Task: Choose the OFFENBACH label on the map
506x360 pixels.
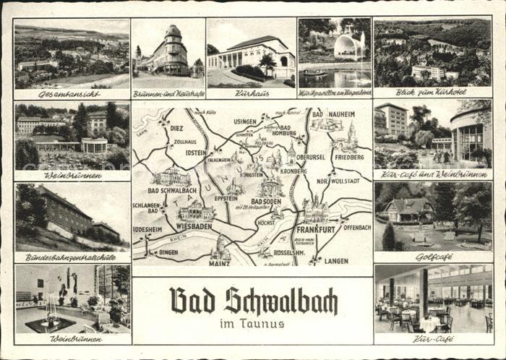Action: (356, 227)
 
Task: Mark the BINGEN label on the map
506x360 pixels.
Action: (168, 252)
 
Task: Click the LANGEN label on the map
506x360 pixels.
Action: (337, 260)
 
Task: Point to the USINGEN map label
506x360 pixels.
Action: (245, 121)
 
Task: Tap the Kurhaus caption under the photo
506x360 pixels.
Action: (252, 94)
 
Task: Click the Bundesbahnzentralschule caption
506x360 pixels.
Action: (72, 257)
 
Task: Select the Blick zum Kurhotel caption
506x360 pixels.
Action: (431, 94)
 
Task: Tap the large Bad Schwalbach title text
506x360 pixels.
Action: (253, 300)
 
